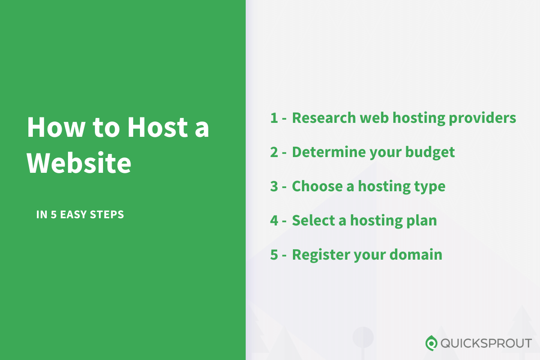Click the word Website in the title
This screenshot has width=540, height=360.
pos(79,162)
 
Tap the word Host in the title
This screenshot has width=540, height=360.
pos(157,127)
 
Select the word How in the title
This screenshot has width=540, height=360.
pos(56,127)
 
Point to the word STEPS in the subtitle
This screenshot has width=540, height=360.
pos(107,214)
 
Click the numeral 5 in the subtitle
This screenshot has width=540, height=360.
pos(54,214)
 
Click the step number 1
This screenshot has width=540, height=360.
pos(274,118)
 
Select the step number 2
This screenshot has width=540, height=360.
pos(274,152)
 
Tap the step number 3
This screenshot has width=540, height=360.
pos(274,186)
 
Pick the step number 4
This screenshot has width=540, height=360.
pos(274,220)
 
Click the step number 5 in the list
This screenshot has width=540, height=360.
pos(274,255)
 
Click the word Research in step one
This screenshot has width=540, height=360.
pos(324,118)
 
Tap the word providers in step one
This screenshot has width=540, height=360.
pos(482,119)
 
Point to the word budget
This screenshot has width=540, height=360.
pos(430,153)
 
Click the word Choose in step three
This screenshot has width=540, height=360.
pos(317,186)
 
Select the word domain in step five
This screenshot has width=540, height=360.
pos(416,255)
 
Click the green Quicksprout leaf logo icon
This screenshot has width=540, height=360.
pos(431,343)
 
